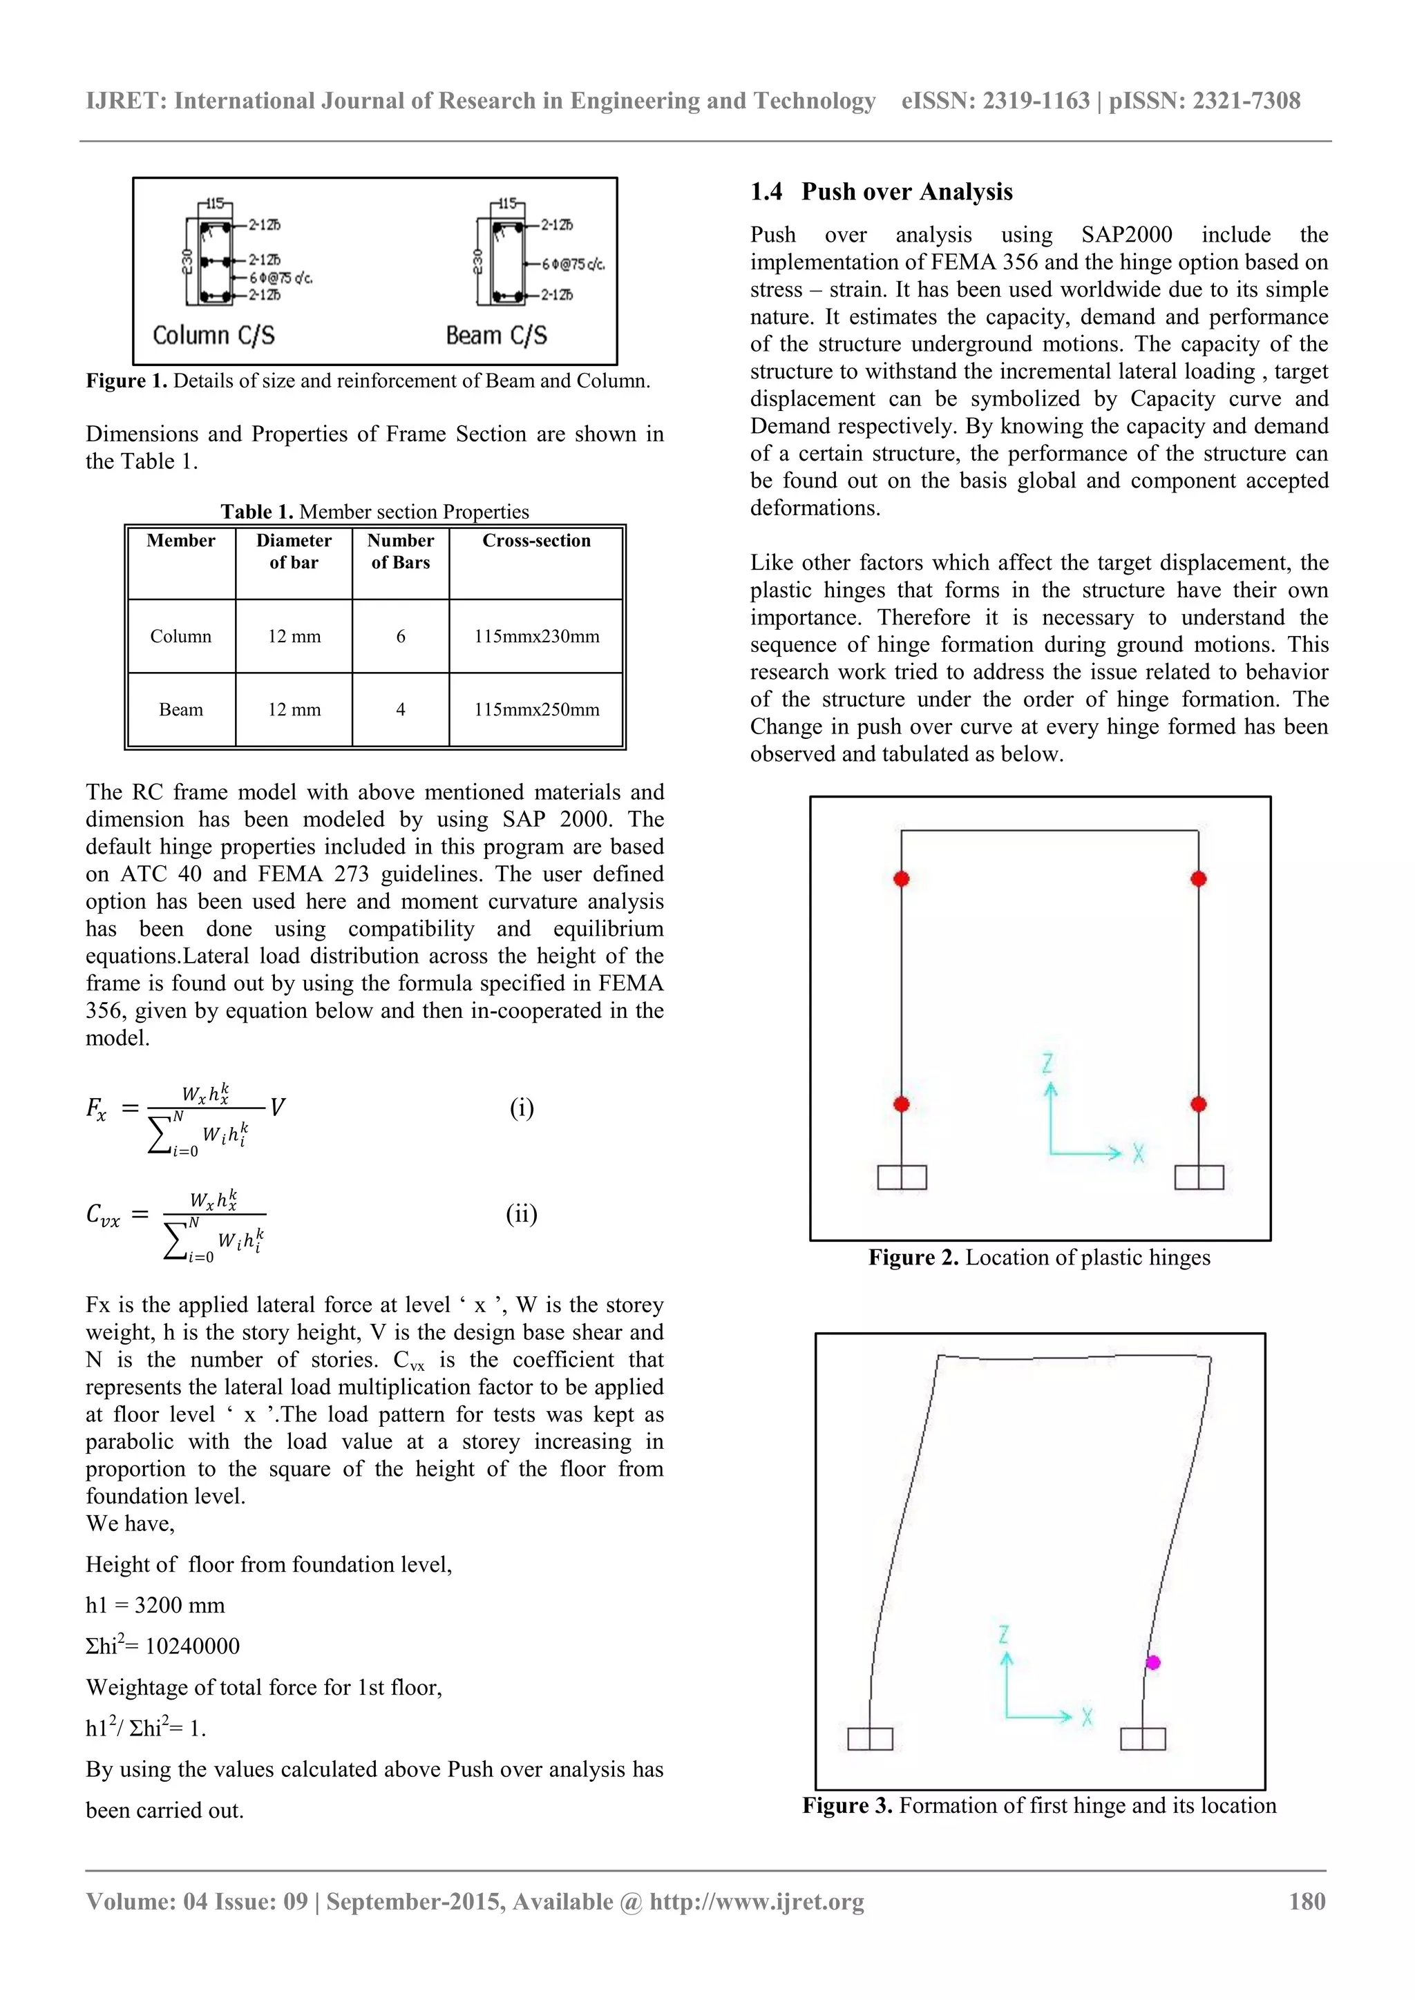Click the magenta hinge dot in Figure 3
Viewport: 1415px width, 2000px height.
(1152, 1663)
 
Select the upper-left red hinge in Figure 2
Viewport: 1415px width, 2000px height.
(902, 879)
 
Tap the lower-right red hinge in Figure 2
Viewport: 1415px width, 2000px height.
(1199, 1104)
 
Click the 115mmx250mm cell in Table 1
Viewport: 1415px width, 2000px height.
(537, 710)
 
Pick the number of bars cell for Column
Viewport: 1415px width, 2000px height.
(401, 637)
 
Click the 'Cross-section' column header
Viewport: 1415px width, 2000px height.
(537, 541)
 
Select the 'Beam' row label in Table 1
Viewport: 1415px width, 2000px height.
(181, 710)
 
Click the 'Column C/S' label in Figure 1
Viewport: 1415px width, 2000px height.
(213, 336)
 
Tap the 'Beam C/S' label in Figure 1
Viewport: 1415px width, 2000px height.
(497, 336)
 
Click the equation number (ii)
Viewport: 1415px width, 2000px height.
(522, 1214)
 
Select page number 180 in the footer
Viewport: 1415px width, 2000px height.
(1307, 1901)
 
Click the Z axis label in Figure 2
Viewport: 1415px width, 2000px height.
(1048, 1063)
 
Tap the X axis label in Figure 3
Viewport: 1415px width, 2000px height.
(1088, 1718)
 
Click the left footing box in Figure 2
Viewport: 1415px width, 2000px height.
(902, 1177)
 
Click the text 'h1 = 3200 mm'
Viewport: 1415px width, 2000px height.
(155, 1606)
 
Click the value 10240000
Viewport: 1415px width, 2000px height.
(193, 1646)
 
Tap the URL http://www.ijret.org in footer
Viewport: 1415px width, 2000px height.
(757, 1901)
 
